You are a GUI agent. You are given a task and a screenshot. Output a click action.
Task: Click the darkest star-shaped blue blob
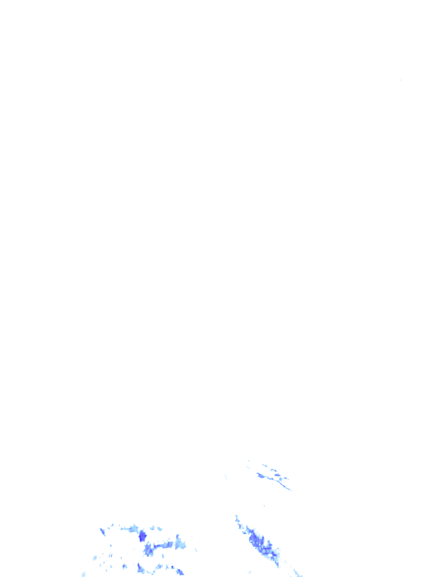click(x=142, y=535)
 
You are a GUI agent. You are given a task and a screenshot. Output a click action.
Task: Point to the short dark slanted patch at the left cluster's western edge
click(x=103, y=531)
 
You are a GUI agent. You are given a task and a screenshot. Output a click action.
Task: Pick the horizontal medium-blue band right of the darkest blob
click(x=164, y=545)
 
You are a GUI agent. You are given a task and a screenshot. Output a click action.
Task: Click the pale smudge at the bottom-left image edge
click(x=83, y=574)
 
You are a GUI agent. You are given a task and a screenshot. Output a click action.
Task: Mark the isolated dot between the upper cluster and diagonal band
click(x=263, y=505)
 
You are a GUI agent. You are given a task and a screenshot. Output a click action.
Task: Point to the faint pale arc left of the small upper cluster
click(x=226, y=478)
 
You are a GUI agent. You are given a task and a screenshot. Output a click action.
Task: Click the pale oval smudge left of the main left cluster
click(x=95, y=558)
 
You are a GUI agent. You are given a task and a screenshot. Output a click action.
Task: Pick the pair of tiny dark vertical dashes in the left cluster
click(x=111, y=555)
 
